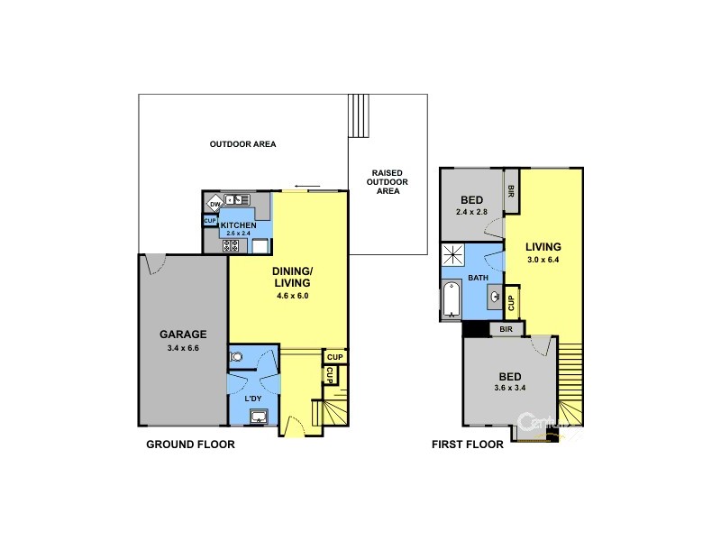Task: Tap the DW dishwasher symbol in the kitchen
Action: [x=214, y=204]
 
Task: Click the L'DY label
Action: [x=253, y=399]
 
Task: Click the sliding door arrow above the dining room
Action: [x=306, y=188]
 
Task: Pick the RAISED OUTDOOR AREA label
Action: [x=388, y=181]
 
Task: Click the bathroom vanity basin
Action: [x=495, y=294]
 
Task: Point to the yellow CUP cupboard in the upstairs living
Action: [x=511, y=302]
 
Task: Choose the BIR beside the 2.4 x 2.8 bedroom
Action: [x=511, y=191]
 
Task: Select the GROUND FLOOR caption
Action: [x=190, y=445]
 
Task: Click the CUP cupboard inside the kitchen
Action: [x=209, y=220]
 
